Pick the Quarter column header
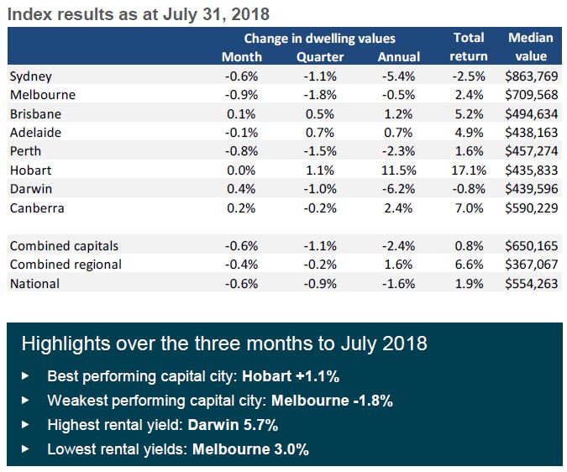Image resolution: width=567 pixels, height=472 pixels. tap(320, 56)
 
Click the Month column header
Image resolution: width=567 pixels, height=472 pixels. tap(242, 56)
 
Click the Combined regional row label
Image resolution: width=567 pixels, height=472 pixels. tap(66, 265)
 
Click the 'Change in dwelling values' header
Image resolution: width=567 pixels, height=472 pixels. tap(319, 39)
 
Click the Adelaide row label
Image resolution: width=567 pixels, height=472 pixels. tap(34, 132)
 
